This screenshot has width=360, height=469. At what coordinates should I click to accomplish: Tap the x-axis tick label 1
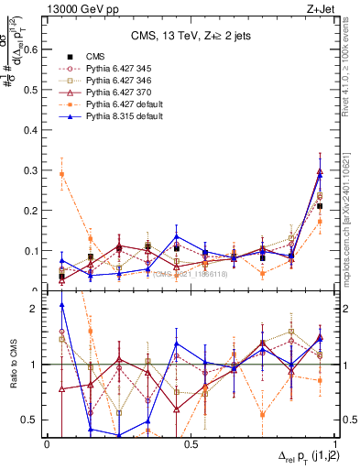[x=334, y=444]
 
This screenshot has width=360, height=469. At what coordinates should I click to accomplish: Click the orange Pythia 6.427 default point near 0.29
[x=61, y=173]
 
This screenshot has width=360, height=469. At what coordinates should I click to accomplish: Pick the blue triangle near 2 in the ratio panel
[x=61, y=305]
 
